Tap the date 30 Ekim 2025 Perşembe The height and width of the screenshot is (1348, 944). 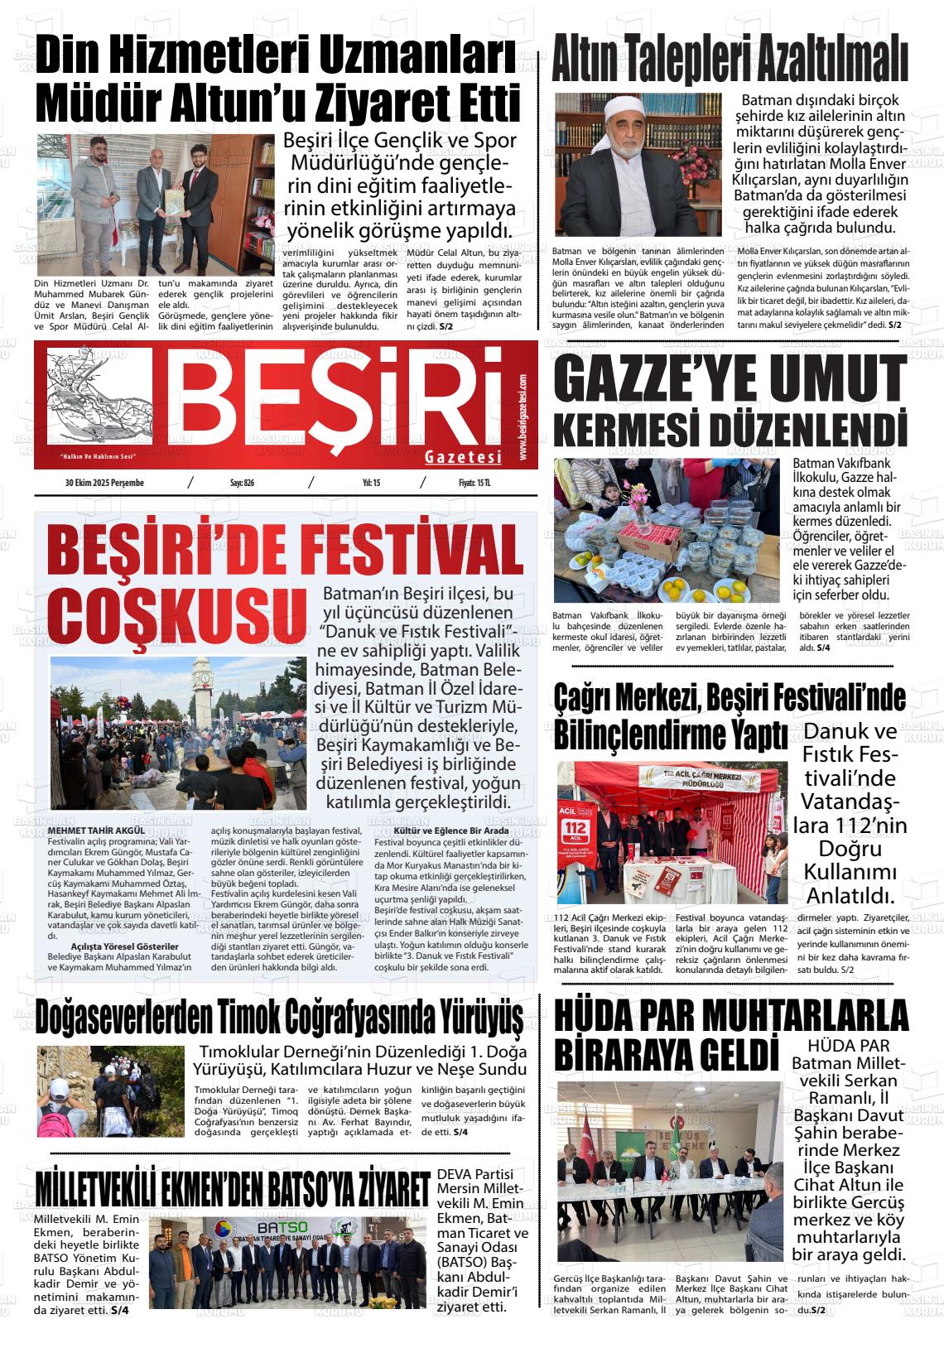pyautogui.click(x=104, y=483)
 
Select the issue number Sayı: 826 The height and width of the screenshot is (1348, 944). pyautogui.click(x=242, y=483)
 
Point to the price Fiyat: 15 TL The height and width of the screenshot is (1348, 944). pyautogui.click(x=474, y=483)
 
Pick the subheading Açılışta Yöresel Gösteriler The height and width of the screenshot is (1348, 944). pyautogui.click(x=125, y=946)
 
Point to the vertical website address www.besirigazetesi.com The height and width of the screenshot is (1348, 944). pyautogui.click(x=524, y=418)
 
